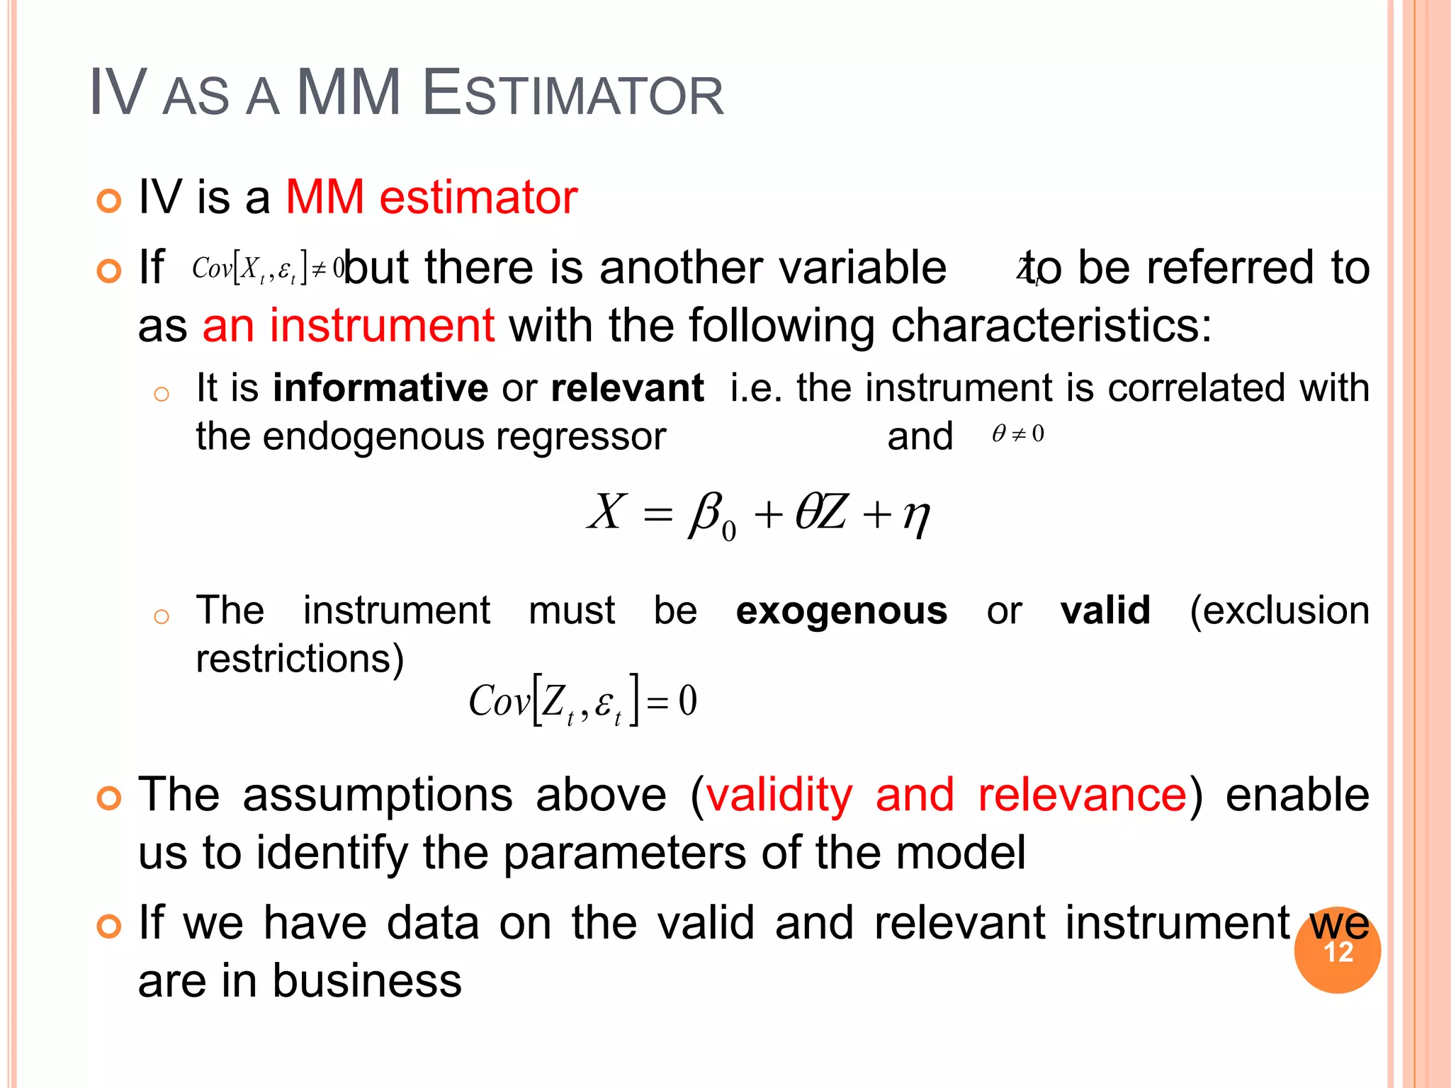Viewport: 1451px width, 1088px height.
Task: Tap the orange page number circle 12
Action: tap(1337, 951)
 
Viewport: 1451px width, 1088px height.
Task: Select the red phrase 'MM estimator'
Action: tap(431, 197)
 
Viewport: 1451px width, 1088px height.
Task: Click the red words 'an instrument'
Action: tap(348, 326)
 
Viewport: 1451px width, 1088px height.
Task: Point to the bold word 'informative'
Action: tap(380, 388)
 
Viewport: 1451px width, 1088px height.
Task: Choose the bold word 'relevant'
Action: tap(627, 388)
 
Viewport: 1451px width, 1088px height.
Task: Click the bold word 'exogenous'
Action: tap(841, 611)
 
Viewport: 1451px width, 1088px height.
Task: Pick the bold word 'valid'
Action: tap(1105, 611)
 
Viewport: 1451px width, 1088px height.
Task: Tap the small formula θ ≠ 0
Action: tap(1018, 433)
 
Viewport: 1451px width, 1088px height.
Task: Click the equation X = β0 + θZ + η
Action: tap(758, 514)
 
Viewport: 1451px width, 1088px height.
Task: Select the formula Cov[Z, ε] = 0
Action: tap(582, 701)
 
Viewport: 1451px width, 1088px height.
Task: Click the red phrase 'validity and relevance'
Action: tap(946, 795)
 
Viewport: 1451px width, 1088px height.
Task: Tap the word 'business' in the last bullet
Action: tap(367, 981)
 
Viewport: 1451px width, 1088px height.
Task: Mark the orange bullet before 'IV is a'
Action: tap(109, 201)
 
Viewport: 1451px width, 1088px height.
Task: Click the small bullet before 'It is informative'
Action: tap(162, 394)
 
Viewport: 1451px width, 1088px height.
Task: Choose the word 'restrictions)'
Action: tap(300, 659)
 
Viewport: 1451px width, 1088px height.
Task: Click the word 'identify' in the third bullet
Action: tap(332, 853)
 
